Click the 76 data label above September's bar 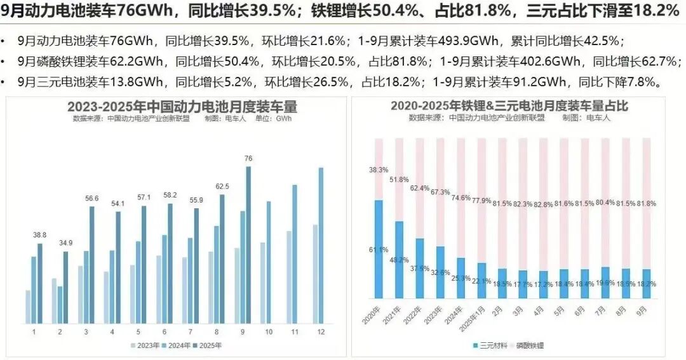pyautogui.click(x=248, y=159)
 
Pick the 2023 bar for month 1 pyautogui.click(x=28, y=306)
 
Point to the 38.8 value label pyautogui.click(x=39, y=235)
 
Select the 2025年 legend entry pyautogui.click(x=210, y=346)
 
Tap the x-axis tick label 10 pyautogui.click(x=268, y=332)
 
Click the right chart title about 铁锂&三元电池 pyautogui.click(x=509, y=106)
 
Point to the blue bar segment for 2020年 pyautogui.click(x=379, y=249)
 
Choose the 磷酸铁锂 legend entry pyautogui.click(x=527, y=346)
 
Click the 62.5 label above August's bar pyautogui.click(x=222, y=187)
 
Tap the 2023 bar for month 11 pyautogui.click(x=289, y=277)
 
